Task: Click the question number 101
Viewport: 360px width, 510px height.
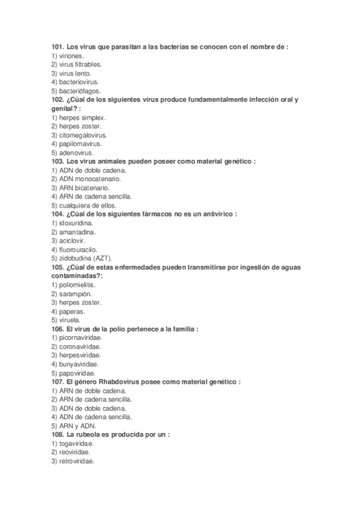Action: pos(57,46)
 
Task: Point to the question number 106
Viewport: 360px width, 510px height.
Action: pos(57,329)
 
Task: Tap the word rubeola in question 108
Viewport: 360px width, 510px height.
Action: pos(88,434)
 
